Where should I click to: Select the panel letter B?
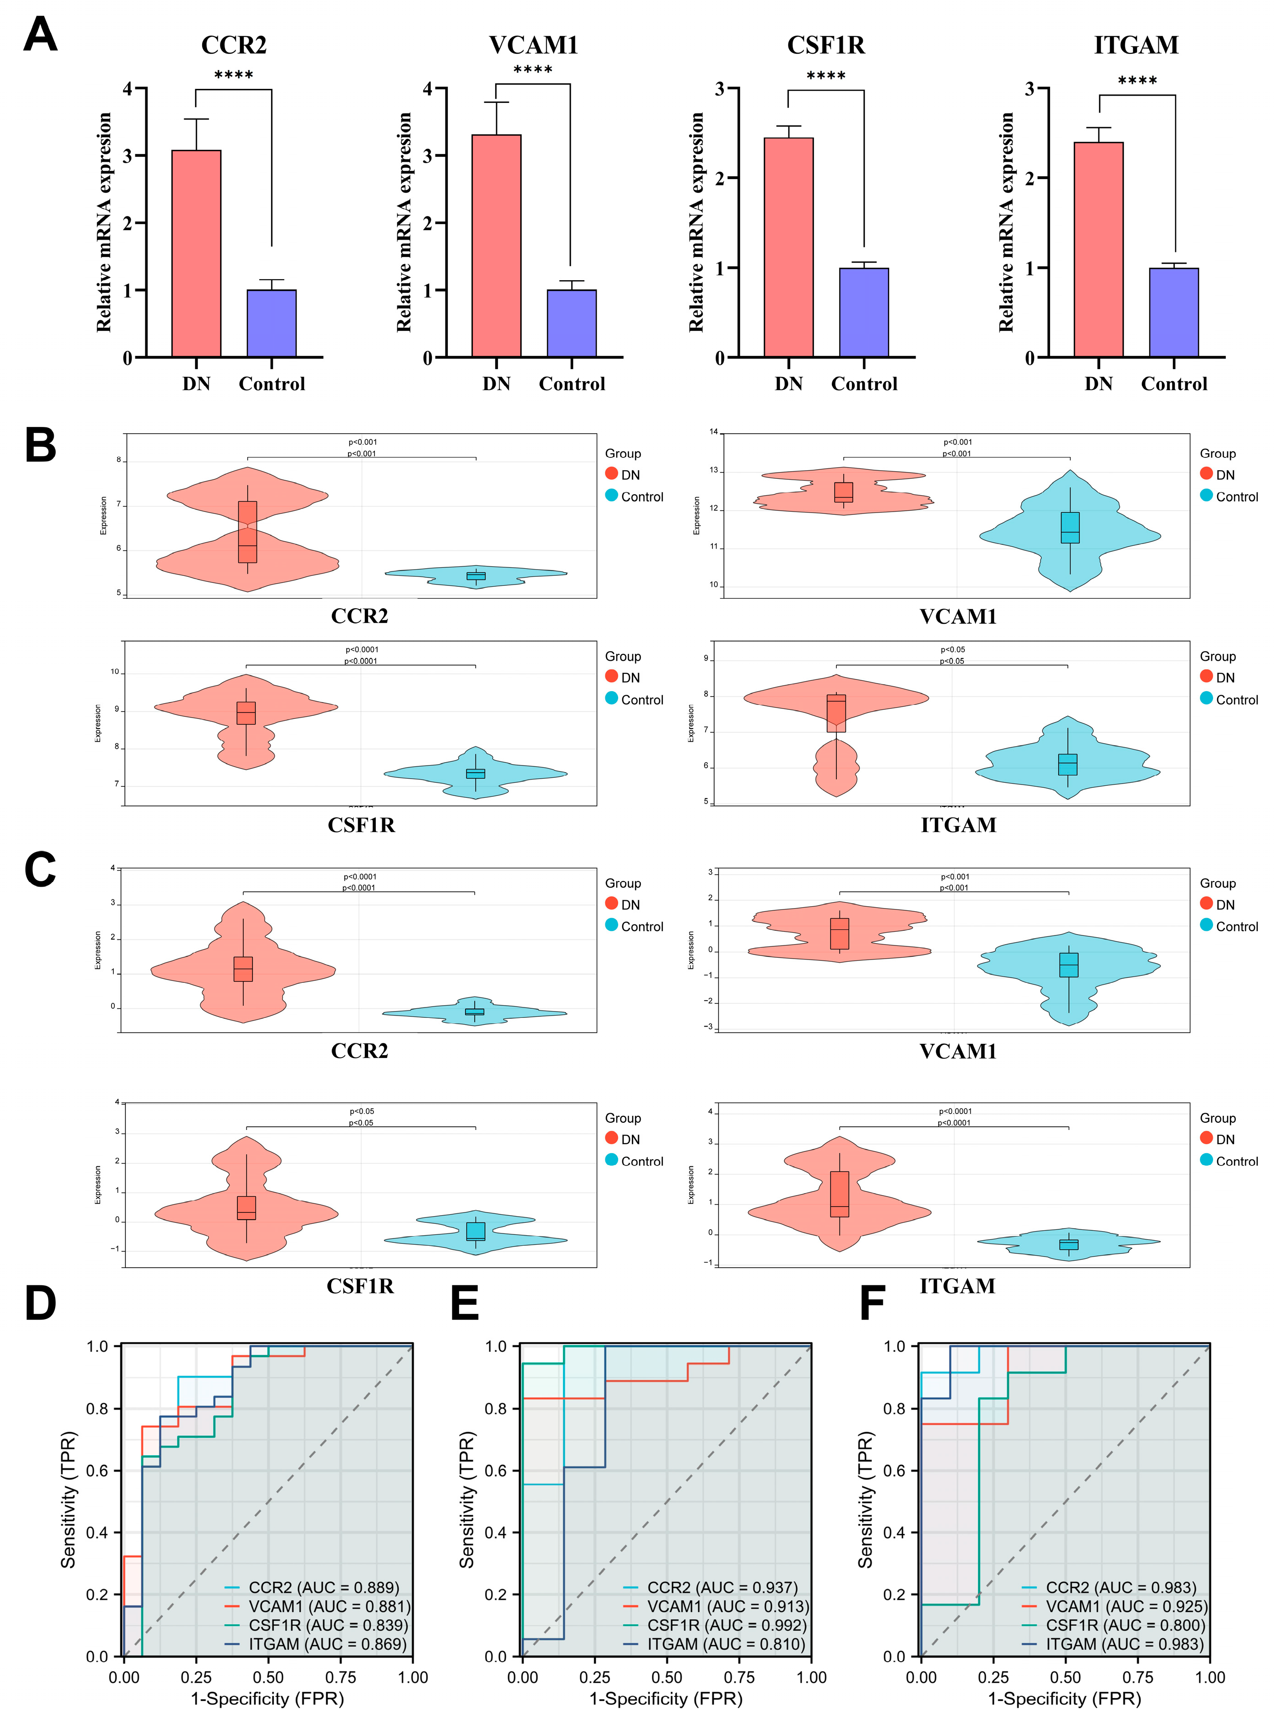pos(40,446)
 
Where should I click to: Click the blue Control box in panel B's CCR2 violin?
pos(476,575)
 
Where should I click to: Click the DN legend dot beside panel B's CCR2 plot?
pos(611,474)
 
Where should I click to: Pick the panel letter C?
pos(40,870)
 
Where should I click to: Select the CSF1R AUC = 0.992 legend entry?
pos(726,1625)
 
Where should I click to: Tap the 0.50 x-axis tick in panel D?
pos(268,1677)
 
